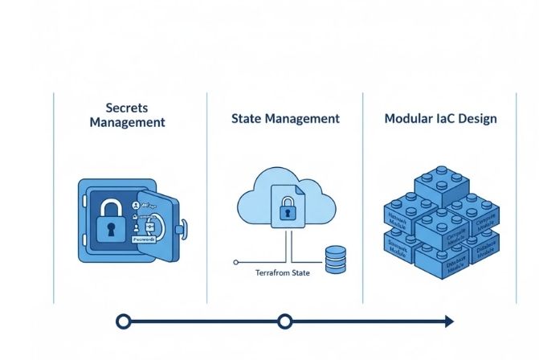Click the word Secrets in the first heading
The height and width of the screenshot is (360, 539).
(128, 107)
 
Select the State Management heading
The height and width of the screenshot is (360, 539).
(285, 118)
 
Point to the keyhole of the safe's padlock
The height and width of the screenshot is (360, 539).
(110, 228)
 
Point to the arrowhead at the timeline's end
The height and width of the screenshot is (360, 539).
(447, 321)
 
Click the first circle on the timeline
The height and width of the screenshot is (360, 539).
(123, 321)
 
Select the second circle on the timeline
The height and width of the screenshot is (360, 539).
(284, 321)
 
